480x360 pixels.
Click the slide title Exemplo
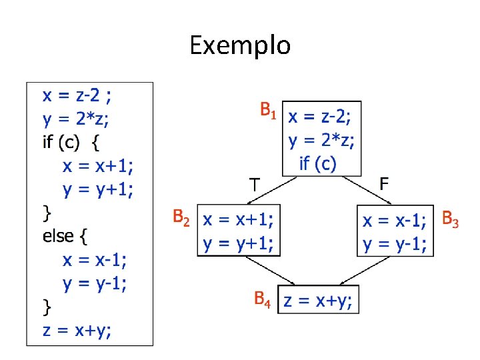point(240,45)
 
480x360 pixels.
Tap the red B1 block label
point(268,110)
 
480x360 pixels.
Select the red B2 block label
point(182,217)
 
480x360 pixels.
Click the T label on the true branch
point(254,183)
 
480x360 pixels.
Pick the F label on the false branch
point(385,183)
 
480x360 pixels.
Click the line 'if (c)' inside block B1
point(318,163)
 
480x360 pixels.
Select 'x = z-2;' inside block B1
point(320,119)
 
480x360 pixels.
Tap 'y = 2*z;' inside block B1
point(321,141)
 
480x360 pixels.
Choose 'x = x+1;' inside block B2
point(241,219)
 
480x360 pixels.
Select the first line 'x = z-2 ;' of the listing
point(77,95)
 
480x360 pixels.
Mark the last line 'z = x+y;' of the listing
point(77,329)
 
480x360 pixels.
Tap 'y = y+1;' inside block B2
point(241,243)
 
